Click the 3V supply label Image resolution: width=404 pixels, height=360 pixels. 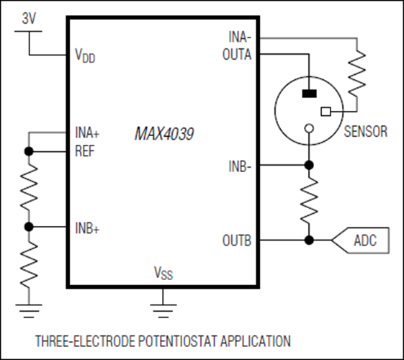[x=29, y=20]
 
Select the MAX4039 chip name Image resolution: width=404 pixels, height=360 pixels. [x=161, y=134]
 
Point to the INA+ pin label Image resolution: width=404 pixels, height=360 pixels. [x=87, y=133]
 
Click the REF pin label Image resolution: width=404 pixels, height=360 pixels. [x=84, y=151]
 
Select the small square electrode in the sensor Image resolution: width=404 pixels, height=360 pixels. [x=326, y=112]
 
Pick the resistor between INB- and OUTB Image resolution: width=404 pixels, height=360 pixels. [x=308, y=202]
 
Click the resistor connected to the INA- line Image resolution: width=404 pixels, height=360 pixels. [x=356, y=74]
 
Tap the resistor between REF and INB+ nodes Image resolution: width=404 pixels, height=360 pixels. [x=29, y=189]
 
